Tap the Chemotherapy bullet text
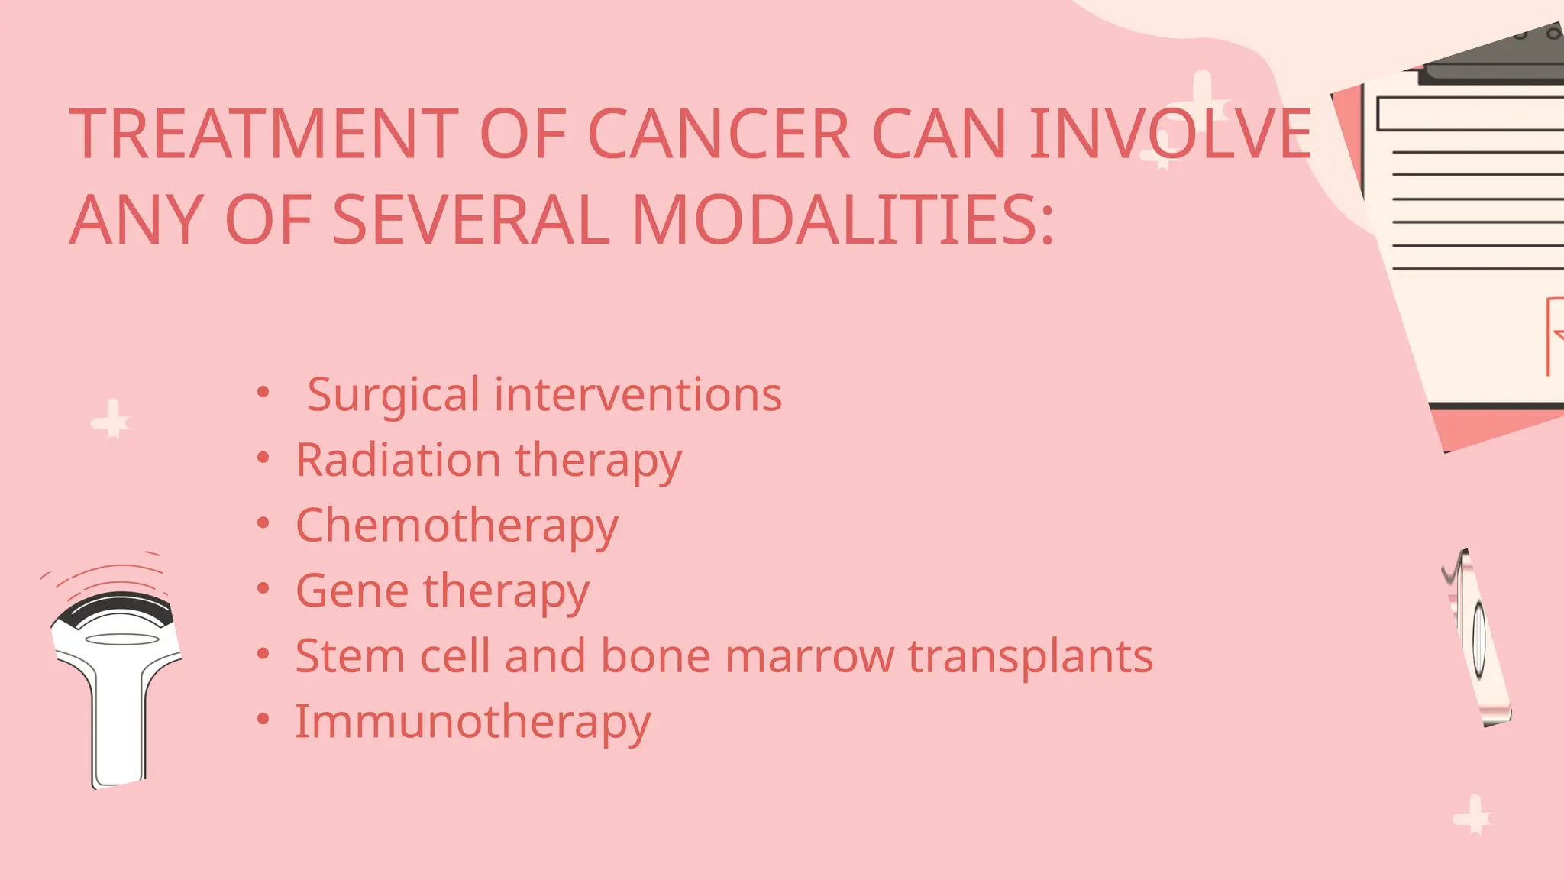pyautogui.click(x=457, y=526)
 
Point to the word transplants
pyautogui.click(x=1030, y=658)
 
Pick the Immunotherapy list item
pyautogui.click(x=473, y=722)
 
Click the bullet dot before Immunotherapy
pyautogui.click(x=263, y=719)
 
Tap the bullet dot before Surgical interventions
pyautogui.click(x=263, y=393)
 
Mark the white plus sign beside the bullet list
pyautogui.click(x=111, y=419)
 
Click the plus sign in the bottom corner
pyautogui.click(x=1472, y=816)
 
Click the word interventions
pyautogui.click(x=638, y=395)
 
